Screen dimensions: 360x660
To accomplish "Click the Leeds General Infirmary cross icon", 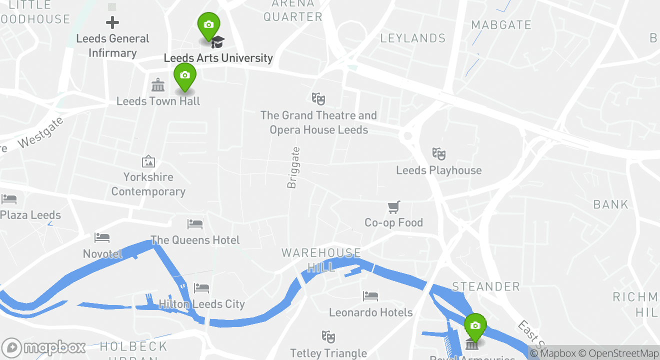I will [x=112, y=22].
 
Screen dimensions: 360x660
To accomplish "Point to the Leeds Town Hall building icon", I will [x=158, y=85].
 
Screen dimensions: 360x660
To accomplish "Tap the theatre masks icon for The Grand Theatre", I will [x=318, y=98].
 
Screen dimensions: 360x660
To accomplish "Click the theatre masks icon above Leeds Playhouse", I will [x=438, y=153].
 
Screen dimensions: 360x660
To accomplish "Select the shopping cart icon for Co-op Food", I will [x=394, y=206].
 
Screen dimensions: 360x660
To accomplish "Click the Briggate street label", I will [x=293, y=167].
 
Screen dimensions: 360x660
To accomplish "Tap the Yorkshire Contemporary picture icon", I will [x=148, y=161].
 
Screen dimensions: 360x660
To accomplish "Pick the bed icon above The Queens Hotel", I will [x=195, y=224].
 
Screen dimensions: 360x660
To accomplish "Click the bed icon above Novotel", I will [x=102, y=237].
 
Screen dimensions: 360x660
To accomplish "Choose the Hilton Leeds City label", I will [x=201, y=304].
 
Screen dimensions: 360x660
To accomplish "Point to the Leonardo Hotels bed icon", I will [x=370, y=296].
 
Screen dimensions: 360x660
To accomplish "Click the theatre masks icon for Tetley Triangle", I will [x=328, y=336].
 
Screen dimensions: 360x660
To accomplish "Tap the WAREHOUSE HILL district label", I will [x=321, y=260].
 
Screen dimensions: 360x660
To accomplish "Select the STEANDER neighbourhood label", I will [x=486, y=286].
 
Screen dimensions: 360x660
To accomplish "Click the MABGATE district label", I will [x=501, y=25].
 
